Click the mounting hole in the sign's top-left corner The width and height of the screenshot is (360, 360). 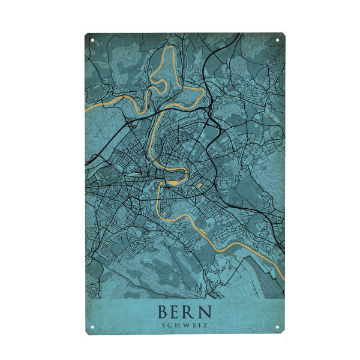pyautogui.click(x=93, y=41)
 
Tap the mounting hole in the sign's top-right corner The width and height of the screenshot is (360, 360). pyautogui.click(x=278, y=41)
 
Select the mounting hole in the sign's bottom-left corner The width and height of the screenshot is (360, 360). pyautogui.click(x=93, y=327)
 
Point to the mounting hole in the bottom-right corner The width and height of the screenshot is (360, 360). pyautogui.click(x=278, y=327)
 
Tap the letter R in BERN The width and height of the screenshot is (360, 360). pyautogui.click(x=193, y=312)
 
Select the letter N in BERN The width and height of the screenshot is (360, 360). pyautogui.click(x=207, y=312)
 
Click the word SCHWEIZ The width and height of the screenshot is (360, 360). pyautogui.click(x=185, y=326)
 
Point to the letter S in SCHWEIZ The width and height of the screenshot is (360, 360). pyautogui.click(x=164, y=326)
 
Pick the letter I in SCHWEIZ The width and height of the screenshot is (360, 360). pyautogui.click(x=200, y=326)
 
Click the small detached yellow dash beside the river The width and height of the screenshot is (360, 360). pyautogui.click(x=199, y=185)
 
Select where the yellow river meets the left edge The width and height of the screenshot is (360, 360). pyautogui.click(x=86, y=110)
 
